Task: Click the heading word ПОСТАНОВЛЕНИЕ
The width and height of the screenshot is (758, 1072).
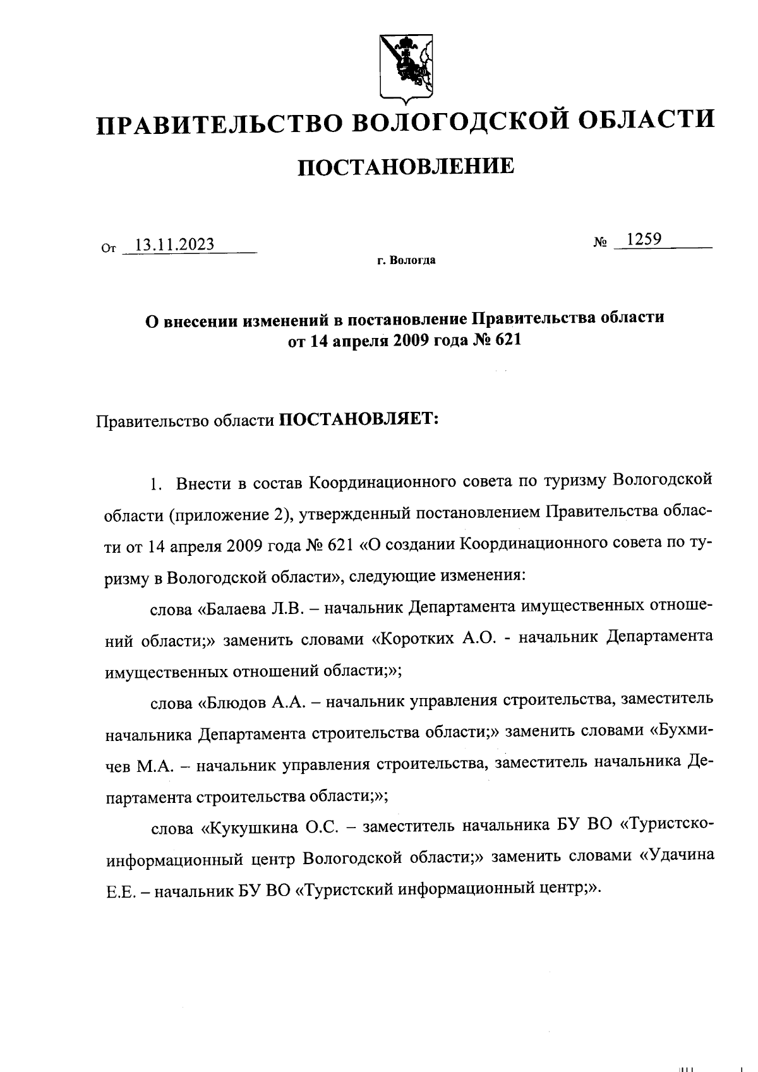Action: point(406,167)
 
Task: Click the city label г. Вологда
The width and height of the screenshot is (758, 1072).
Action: point(406,260)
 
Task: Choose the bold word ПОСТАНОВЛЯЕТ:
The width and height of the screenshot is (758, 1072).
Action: point(359,420)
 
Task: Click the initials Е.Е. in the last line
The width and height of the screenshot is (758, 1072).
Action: point(119,889)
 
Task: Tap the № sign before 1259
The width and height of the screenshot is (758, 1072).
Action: point(600,242)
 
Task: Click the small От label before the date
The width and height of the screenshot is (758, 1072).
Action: point(109,249)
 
